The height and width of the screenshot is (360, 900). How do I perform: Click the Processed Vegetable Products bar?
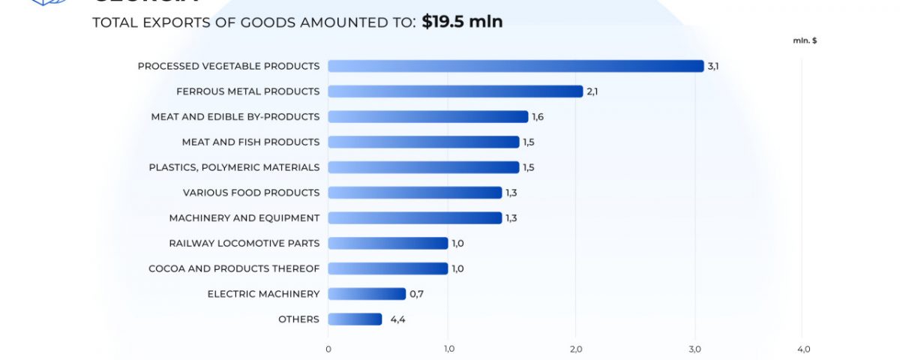(516, 66)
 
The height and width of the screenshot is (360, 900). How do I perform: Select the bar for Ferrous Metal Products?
(455, 91)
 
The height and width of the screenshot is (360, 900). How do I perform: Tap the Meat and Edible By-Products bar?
(427, 117)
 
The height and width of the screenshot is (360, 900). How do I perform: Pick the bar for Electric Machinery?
(367, 294)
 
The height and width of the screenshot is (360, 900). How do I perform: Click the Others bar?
(355, 319)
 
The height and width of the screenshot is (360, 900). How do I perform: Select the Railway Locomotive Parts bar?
(388, 243)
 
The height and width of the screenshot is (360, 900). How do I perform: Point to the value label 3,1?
(713, 66)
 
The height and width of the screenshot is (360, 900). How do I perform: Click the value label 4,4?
(397, 319)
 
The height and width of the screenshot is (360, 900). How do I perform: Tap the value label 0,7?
(416, 294)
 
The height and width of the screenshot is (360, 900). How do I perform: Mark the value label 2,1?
(592, 91)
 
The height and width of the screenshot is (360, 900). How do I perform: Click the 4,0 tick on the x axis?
(803, 349)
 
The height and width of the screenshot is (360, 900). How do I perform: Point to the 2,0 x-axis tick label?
(576, 349)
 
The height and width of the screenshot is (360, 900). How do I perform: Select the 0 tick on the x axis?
(328, 349)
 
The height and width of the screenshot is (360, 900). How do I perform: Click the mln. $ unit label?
(805, 40)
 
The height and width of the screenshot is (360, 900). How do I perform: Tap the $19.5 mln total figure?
(462, 22)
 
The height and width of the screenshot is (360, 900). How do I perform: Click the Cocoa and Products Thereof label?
(234, 268)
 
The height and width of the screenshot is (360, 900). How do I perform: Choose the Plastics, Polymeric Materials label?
(234, 167)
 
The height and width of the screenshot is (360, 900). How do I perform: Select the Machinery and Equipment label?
(244, 218)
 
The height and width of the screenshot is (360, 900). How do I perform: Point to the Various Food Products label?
(251, 193)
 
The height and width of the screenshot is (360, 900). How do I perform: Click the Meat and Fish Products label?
(250, 142)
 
